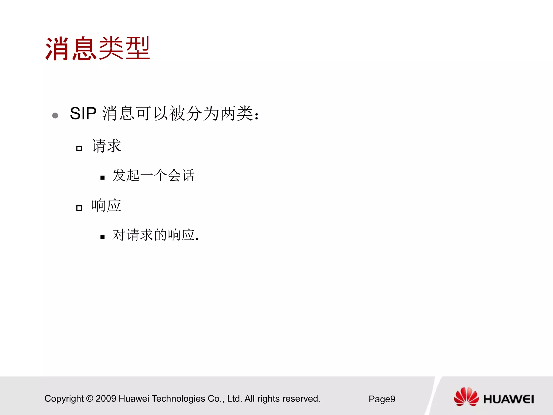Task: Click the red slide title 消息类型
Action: [x=97, y=49]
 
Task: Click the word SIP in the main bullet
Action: [x=83, y=113]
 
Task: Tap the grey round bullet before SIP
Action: [x=55, y=116]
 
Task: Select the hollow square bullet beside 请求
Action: [x=79, y=148]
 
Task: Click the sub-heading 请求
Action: [x=106, y=146]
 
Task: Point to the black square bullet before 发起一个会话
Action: [x=102, y=178]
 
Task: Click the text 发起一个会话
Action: [x=153, y=175]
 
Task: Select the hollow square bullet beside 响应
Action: [x=79, y=208]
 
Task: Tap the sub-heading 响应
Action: [x=106, y=206]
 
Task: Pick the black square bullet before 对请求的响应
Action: [x=102, y=237]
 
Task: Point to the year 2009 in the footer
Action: [x=106, y=399]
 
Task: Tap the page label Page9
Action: [x=382, y=399]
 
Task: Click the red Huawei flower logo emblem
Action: [x=466, y=397]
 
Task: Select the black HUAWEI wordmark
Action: [x=508, y=399]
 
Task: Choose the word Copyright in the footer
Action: [x=64, y=399]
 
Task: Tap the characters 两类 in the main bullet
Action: [x=237, y=113]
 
